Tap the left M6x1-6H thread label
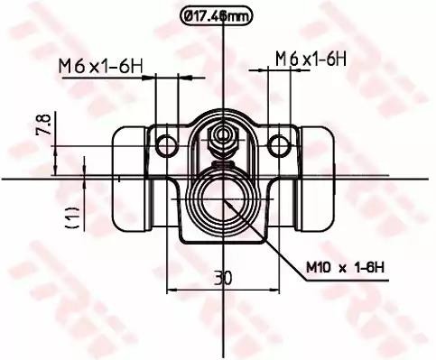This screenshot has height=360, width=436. pos(100,67)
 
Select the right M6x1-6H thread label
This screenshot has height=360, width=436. pos(311,59)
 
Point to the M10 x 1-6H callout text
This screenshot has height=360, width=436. pos(345,267)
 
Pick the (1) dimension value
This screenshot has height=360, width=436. pos(72,217)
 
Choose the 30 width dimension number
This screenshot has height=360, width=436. pos(223,278)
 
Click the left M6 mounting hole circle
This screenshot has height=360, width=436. pos(166,145)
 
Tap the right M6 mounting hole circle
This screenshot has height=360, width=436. pos(279,145)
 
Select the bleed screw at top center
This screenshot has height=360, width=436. pos(223,142)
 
